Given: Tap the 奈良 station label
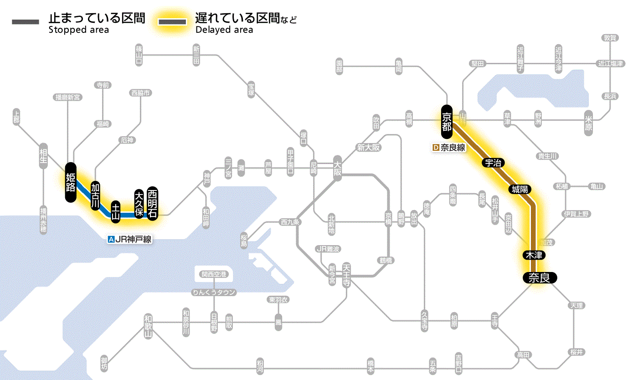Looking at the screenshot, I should tap(539, 278).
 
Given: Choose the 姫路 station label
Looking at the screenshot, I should tap(71, 182).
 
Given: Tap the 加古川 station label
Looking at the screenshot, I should tap(95, 196).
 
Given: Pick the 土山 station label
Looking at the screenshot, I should tap(116, 212).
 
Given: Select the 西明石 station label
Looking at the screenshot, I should tap(152, 203).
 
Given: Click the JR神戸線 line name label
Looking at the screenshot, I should tap(129, 239).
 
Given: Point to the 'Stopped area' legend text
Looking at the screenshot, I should tap(79, 30).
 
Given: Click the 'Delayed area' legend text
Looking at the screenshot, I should tap(224, 30).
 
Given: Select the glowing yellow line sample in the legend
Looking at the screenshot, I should tap(172, 22).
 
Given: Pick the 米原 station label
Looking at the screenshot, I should tap(588, 122).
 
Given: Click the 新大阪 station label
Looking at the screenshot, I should tap(368, 148).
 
